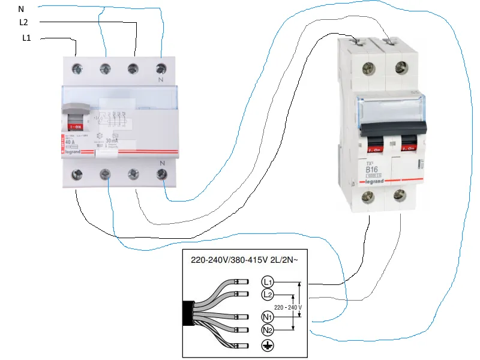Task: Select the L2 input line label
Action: coord(24,22)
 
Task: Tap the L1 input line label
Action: coord(27,38)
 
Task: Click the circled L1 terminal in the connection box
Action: coord(268,281)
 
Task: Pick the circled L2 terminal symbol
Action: coord(268,294)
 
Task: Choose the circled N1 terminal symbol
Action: coord(268,317)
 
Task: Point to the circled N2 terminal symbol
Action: coord(268,330)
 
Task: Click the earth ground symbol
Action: coord(268,346)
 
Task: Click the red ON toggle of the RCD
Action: coord(77,127)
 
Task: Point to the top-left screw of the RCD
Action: coord(77,69)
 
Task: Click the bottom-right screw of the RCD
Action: coord(161,175)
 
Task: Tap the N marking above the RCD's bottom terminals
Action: coord(161,163)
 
